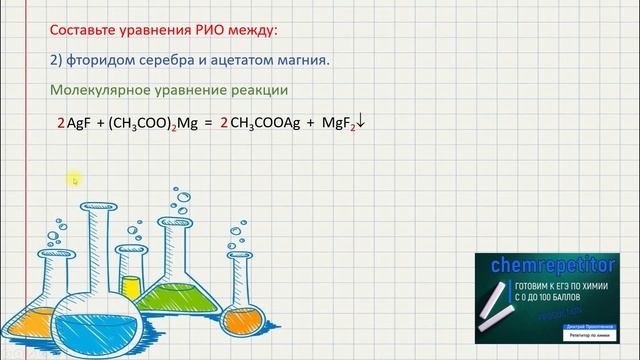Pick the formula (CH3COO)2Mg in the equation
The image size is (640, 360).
tap(154, 126)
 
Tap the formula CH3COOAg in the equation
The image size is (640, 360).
tap(262, 126)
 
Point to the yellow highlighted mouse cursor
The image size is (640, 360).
tap(74, 180)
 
